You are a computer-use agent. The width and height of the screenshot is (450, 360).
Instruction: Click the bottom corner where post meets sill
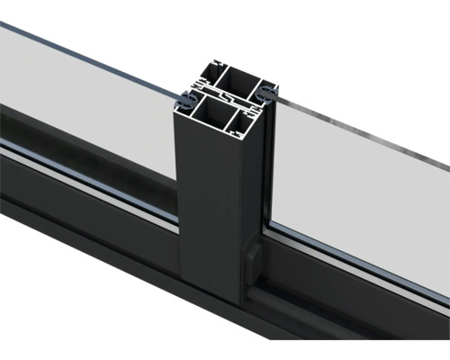pyautogui.click(x=225, y=300)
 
